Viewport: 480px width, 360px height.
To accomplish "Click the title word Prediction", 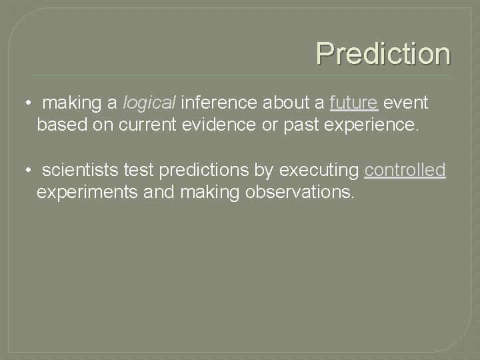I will pyautogui.click(x=383, y=53).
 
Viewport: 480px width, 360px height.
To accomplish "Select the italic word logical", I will pyautogui.click(x=149, y=103).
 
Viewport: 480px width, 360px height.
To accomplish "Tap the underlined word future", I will pyautogui.click(x=354, y=103).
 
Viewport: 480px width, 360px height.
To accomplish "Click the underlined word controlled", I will pyautogui.click(x=405, y=171).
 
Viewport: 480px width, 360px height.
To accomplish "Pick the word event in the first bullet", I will pyautogui.click(x=406, y=103).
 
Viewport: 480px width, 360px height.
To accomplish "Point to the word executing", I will pyautogui.click(x=319, y=171).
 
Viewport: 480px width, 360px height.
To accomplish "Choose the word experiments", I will pyautogui.click(x=83, y=193).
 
